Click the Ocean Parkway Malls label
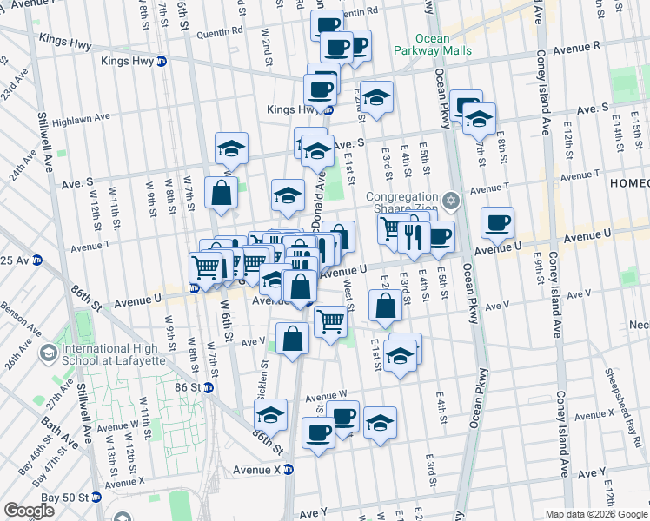tap(443, 44)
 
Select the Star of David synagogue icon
tap(449, 201)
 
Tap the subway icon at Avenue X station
tap(289, 470)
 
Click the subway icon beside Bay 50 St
tap(98, 498)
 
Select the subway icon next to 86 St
tap(209, 387)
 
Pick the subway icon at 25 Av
tap(37, 260)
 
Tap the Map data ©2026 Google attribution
tap(595, 513)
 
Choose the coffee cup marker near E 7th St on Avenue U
tap(497, 222)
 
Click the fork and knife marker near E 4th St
tap(413, 236)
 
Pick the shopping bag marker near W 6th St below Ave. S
tap(222, 192)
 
